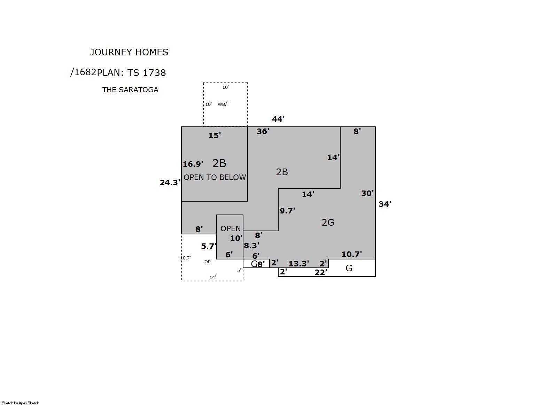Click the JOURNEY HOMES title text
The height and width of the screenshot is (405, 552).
click(129, 52)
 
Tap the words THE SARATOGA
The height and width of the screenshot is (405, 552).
click(130, 90)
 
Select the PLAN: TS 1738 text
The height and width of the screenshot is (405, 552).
click(132, 73)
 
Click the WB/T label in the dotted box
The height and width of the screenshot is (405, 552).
click(224, 104)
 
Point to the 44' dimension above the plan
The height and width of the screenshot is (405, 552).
click(278, 119)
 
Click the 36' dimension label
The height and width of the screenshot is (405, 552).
click(263, 131)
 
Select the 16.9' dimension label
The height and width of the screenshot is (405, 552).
click(193, 164)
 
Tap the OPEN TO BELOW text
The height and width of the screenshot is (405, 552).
click(215, 177)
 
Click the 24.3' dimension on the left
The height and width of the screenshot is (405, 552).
click(170, 182)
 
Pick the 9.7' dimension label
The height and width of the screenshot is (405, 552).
click(287, 211)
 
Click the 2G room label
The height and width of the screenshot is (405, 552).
click(328, 223)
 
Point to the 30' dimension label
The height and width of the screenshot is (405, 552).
click(367, 193)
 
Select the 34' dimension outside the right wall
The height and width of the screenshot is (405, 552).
click(385, 204)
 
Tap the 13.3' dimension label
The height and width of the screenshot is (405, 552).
click(299, 264)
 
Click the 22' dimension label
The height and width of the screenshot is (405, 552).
click(321, 272)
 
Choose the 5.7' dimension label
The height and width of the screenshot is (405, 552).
click(209, 246)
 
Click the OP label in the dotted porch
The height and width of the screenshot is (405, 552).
click(208, 262)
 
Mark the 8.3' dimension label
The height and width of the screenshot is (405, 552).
click(251, 246)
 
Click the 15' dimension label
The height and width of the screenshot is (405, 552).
click(215, 135)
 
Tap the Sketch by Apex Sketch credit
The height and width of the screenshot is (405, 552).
click(21, 403)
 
